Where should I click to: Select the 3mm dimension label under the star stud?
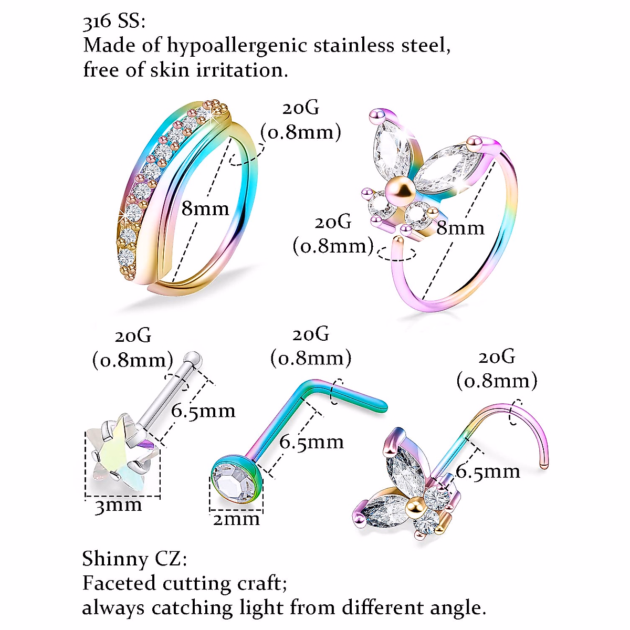coord(118,506)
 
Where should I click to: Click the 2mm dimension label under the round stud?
coord(236,519)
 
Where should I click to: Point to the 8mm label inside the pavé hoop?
coord(205,209)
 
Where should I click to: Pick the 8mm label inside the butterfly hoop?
coord(460,228)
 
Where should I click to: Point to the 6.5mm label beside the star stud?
coord(203,411)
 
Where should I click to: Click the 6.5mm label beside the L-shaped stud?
coord(311,442)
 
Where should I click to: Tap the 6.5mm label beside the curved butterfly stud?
coord(488,471)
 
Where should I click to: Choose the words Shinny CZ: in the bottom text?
coord(134,559)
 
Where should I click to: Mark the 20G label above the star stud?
coord(133,335)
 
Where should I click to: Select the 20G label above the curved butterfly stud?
coord(497,357)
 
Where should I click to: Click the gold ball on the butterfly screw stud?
coord(416,506)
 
